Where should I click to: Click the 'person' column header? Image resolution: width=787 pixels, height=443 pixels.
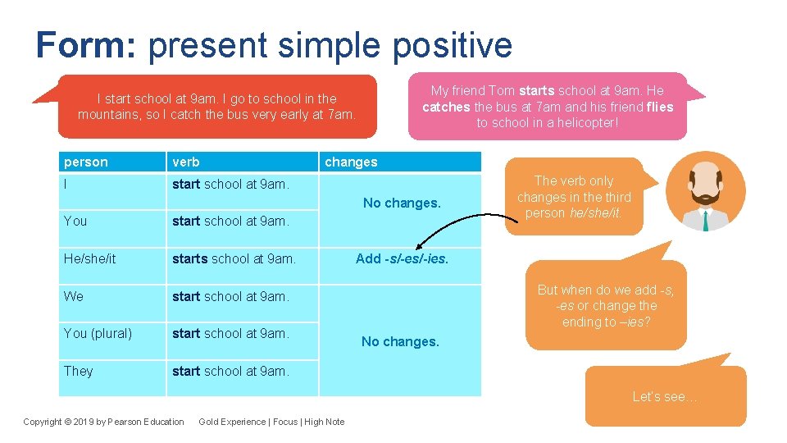[x=86, y=162]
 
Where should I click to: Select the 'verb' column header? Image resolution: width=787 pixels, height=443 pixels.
[x=186, y=162]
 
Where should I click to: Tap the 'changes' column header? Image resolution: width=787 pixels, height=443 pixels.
[x=351, y=162]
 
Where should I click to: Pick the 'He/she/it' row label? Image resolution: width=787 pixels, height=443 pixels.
[x=90, y=258]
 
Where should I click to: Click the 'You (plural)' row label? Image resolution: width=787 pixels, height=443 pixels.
[x=98, y=333]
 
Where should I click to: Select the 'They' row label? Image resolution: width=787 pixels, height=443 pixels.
[x=79, y=371]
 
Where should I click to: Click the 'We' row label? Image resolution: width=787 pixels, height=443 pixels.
[x=74, y=296]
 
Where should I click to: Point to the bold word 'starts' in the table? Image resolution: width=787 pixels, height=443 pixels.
[x=190, y=258]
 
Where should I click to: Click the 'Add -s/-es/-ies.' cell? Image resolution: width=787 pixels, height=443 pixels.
[x=402, y=258]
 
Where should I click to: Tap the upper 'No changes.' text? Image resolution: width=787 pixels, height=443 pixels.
[x=402, y=203]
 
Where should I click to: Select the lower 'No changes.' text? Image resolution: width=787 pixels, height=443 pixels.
[x=400, y=341]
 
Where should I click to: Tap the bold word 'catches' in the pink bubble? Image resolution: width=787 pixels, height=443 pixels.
[x=447, y=107]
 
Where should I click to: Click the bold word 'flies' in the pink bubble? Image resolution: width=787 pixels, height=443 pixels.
[x=659, y=107]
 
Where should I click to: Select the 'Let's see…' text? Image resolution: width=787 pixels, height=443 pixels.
[x=665, y=396]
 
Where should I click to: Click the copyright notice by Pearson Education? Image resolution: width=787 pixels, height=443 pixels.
[x=104, y=422]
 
